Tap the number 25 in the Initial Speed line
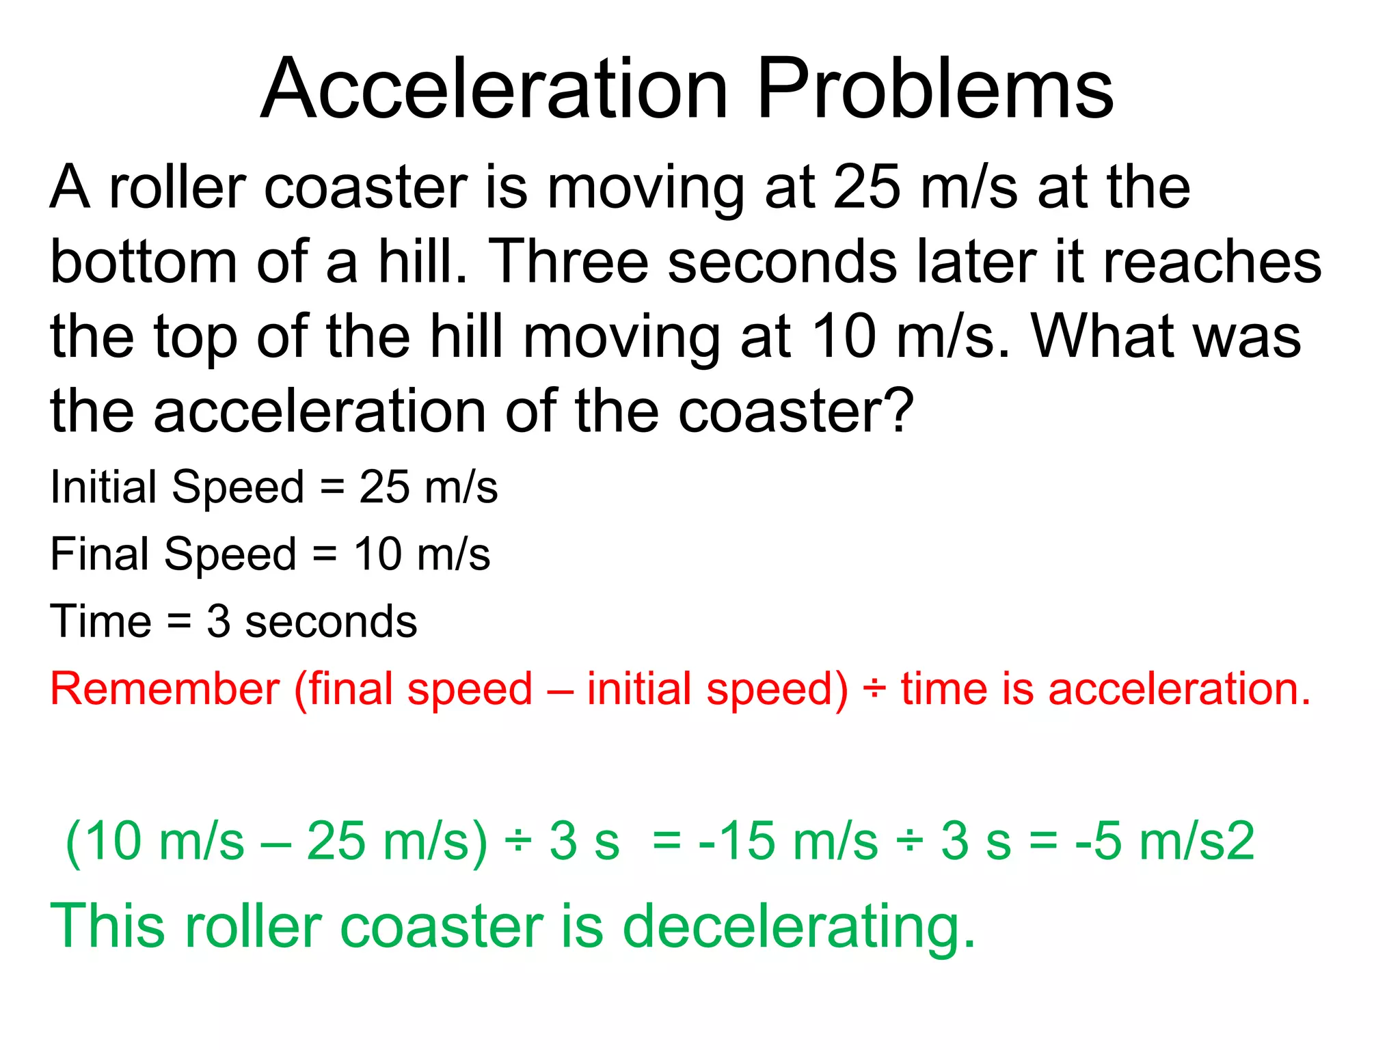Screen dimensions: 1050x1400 [384, 487]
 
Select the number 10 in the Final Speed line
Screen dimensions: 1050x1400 [377, 554]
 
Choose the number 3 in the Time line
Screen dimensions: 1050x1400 [218, 622]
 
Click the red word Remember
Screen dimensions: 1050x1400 [165, 688]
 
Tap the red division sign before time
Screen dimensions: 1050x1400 [874, 688]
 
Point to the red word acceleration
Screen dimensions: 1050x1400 [1179, 688]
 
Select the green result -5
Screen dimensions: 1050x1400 [1098, 841]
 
